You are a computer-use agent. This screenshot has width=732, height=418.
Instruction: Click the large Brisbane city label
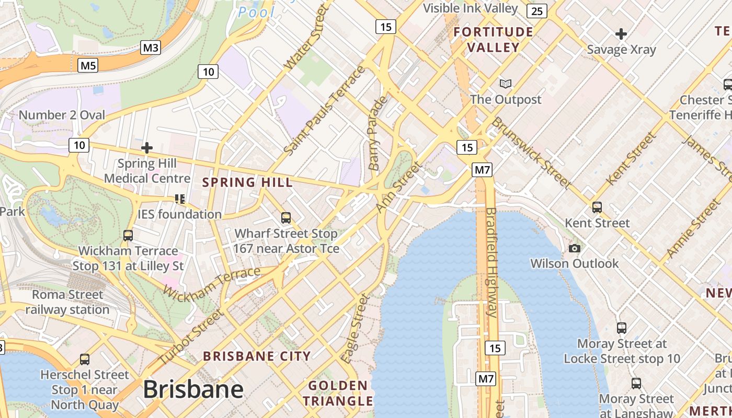point(193,390)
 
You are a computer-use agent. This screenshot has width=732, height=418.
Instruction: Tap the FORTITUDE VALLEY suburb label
point(493,40)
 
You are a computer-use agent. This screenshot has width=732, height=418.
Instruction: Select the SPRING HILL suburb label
point(247,182)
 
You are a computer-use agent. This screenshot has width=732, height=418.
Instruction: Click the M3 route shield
point(151,48)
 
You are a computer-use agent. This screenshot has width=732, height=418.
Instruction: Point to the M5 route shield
point(88,65)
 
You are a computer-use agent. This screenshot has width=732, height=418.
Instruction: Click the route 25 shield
point(537,11)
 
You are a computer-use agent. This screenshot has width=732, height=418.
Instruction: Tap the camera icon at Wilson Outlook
point(575,248)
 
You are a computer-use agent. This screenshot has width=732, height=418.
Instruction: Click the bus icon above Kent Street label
point(597,207)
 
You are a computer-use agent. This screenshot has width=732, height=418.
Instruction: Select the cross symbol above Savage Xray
point(621,34)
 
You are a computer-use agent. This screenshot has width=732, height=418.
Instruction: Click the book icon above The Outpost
point(505,84)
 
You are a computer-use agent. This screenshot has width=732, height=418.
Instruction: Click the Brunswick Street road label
point(530,152)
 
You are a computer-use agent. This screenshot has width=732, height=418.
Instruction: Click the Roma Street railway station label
point(67,302)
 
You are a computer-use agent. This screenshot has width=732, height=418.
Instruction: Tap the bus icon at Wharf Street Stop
point(285,218)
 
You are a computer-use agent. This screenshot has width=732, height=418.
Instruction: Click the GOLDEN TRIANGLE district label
point(338,393)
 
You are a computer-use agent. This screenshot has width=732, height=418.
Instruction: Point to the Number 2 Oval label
point(62,115)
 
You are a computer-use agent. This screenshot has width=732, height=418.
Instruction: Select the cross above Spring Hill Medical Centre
point(147,148)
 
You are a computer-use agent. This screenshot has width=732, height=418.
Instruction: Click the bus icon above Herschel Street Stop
point(85,359)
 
